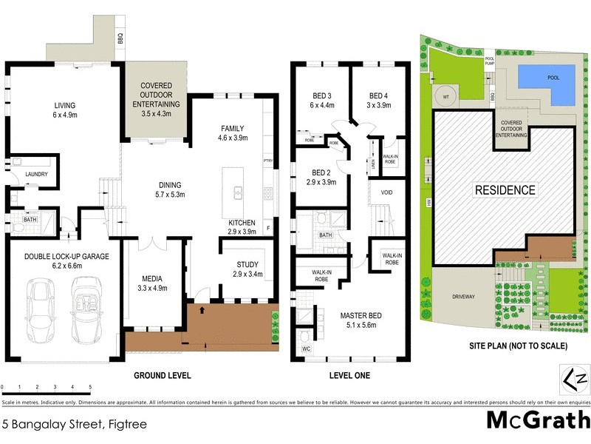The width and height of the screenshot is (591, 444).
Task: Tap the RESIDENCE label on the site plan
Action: point(505,190)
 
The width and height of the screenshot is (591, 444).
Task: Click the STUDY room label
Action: point(247,264)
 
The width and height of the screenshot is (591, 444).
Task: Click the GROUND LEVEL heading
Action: point(162,376)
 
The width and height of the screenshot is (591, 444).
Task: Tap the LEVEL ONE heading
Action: point(349,376)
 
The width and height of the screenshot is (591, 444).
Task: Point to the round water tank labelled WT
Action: point(446,95)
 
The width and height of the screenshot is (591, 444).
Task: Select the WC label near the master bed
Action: point(307,348)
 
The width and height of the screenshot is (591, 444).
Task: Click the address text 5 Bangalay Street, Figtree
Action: point(75,424)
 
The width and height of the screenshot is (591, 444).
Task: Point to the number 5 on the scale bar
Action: point(90,387)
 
